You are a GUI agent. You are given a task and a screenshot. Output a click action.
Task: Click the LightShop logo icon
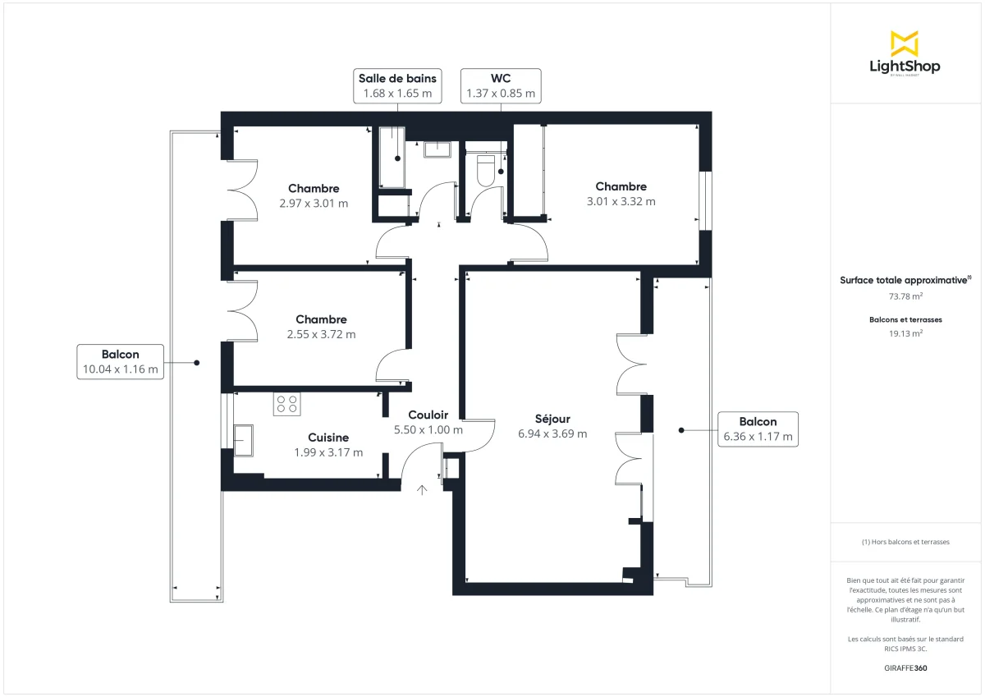[x=905, y=44]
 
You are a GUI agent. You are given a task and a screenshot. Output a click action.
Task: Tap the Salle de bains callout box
[x=397, y=85]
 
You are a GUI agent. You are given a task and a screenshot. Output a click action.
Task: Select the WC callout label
[x=501, y=85]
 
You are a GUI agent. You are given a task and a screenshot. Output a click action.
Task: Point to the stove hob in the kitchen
[x=287, y=403]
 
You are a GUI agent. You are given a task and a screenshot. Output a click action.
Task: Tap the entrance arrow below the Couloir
[x=423, y=490]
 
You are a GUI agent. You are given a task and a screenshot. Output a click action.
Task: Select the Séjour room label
[x=552, y=419]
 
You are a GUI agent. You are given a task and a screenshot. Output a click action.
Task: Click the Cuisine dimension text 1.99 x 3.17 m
[x=328, y=452]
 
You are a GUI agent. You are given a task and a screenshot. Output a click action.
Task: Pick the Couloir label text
[x=428, y=415]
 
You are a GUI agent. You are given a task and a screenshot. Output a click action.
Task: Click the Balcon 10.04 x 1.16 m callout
[x=120, y=362]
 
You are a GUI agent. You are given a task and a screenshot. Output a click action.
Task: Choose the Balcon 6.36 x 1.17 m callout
[x=758, y=429]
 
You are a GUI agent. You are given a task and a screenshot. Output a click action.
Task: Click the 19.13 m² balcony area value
[x=905, y=333]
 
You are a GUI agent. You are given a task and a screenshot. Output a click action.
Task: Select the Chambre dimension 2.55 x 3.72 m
[x=321, y=334]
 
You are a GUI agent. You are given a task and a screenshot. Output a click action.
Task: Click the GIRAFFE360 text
[x=905, y=668]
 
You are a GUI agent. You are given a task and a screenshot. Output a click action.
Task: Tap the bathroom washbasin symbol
[x=438, y=149]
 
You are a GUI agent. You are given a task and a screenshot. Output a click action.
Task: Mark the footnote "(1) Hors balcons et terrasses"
[x=905, y=542]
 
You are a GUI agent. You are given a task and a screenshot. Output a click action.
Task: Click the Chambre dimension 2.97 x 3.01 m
[x=313, y=203]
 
